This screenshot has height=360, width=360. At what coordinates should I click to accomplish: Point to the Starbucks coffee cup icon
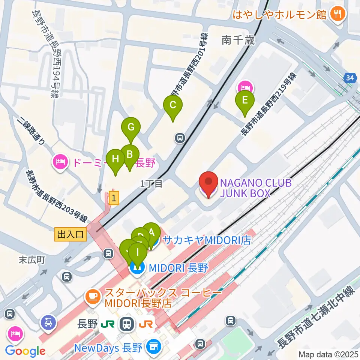(92, 297)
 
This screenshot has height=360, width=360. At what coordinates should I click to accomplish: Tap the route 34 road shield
(350, 78)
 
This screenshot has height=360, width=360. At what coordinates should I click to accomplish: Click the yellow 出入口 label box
(70, 235)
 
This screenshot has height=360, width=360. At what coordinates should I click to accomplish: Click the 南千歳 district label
(238, 40)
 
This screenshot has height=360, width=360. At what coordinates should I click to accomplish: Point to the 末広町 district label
(33, 260)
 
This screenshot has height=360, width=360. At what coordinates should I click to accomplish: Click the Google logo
(25, 351)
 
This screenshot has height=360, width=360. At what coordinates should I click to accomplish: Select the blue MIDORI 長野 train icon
(136, 268)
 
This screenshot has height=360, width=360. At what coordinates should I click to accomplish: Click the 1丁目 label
(151, 184)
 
